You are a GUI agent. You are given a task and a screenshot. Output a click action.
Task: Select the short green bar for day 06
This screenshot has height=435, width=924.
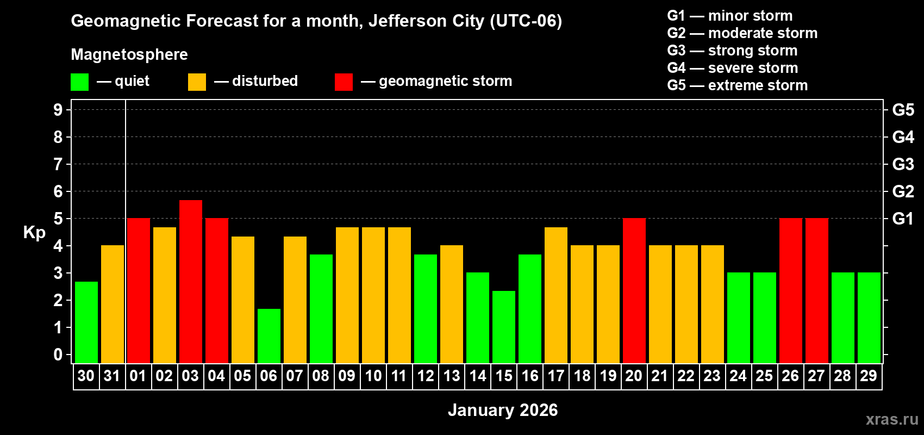(x=269, y=335)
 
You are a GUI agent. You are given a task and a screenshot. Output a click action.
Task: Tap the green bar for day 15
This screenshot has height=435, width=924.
(x=504, y=327)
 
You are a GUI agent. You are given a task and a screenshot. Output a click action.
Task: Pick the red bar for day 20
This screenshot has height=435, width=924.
(x=634, y=290)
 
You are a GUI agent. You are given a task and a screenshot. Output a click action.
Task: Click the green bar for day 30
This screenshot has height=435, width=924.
(x=86, y=322)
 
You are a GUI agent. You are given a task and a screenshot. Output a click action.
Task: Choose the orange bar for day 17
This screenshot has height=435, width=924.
(x=556, y=295)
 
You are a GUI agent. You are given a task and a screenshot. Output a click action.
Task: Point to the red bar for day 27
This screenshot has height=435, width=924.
(x=817, y=290)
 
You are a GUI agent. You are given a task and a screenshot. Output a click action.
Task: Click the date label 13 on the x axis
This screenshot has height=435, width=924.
(x=452, y=376)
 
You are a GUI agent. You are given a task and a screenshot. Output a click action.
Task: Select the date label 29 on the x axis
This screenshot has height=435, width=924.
(x=869, y=376)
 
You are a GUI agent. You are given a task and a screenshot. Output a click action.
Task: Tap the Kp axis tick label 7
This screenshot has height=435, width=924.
(x=58, y=164)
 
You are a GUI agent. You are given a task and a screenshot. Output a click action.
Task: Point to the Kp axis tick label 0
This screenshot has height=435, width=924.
(x=58, y=355)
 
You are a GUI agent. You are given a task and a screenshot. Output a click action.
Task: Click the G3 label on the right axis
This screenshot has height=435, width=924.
(x=903, y=164)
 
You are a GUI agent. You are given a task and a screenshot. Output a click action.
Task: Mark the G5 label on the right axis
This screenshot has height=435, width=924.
(x=903, y=110)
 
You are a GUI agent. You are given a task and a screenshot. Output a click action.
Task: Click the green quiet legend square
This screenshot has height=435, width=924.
(x=80, y=82)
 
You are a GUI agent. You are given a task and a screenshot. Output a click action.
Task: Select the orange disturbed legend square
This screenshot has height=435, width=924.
(x=197, y=82)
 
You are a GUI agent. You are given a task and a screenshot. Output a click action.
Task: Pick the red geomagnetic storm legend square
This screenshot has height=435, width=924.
(x=344, y=82)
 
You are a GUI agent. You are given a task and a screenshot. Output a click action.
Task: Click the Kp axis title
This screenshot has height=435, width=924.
(x=34, y=233)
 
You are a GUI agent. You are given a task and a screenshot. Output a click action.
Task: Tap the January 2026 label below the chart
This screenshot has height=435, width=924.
(x=503, y=410)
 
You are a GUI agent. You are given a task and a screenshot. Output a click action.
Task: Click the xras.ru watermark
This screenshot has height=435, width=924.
(x=892, y=419)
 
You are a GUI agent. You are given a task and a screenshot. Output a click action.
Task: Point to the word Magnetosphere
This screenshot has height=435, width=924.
(x=129, y=54)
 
